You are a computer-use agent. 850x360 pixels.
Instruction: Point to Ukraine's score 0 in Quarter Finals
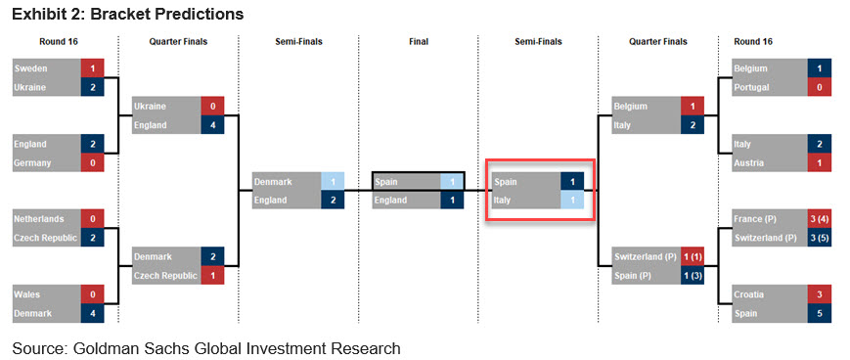pyautogui.click(x=212, y=107)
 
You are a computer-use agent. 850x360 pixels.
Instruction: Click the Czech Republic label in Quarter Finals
pyautogui.click(x=164, y=276)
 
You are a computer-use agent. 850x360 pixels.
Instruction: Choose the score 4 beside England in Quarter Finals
pyautogui.click(x=212, y=125)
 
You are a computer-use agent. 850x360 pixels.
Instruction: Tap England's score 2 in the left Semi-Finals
pyautogui.click(x=333, y=201)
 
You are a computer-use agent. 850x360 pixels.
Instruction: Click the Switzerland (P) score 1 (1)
pyautogui.click(x=693, y=257)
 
